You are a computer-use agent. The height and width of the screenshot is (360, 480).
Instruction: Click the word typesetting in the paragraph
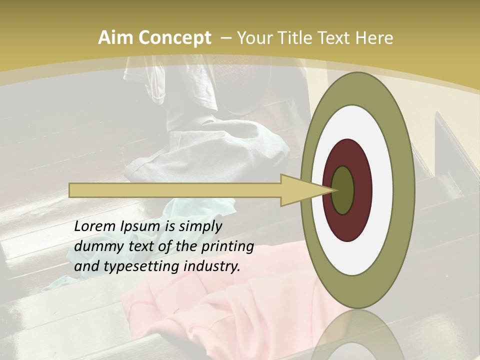pyautogui.click(x=137, y=267)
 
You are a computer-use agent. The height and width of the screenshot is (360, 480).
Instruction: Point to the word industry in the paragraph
pyautogui.click(x=212, y=266)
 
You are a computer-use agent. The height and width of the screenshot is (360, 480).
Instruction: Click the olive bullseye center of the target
pyautogui.click(x=343, y=190)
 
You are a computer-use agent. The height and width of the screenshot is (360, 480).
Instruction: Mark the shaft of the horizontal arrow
pyautogui.click(x=175, y=190)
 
